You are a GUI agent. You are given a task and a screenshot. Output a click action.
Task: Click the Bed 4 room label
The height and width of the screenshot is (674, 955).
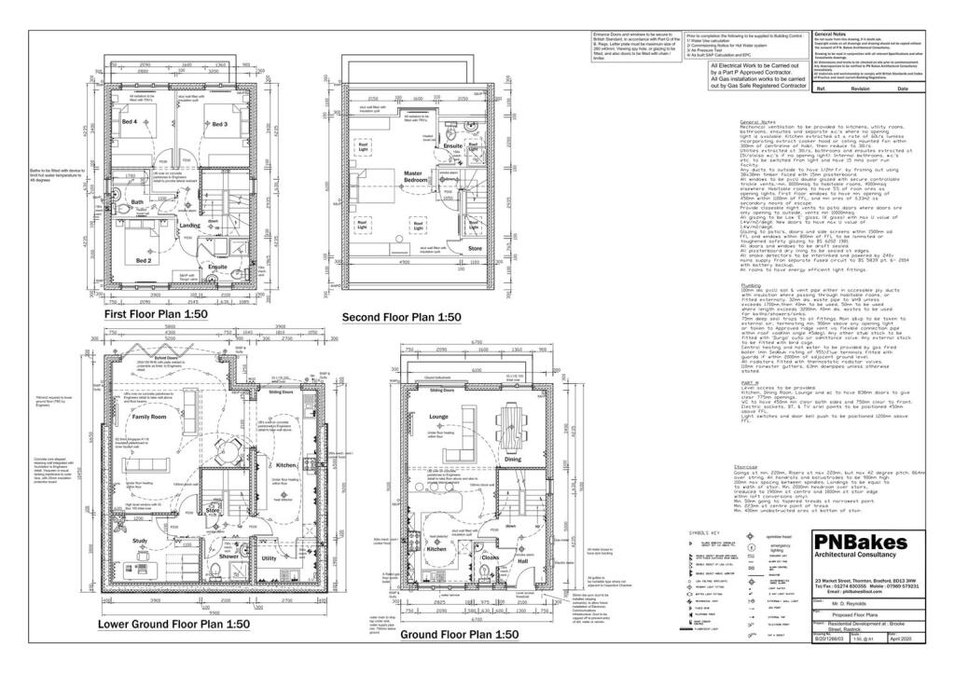[129, 122]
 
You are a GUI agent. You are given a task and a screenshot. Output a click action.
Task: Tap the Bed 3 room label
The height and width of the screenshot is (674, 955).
[219, 124]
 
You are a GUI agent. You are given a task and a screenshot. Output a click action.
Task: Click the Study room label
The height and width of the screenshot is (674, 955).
[140, 541]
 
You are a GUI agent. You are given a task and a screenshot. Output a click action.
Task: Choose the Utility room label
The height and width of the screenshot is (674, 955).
[270, 557]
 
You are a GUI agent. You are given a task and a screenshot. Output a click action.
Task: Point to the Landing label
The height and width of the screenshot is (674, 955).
[190, 225]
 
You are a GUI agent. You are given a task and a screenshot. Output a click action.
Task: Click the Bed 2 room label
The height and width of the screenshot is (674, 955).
[144, 261]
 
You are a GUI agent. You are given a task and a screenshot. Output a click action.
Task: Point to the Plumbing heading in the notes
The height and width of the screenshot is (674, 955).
[751, 286]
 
